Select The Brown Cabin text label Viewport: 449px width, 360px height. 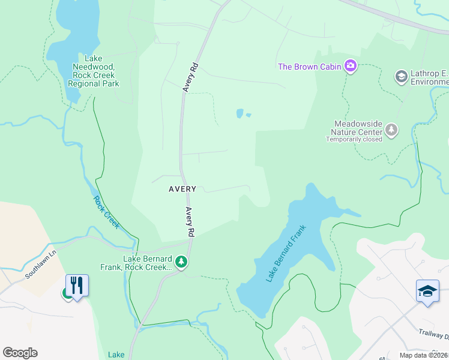pos(309,66)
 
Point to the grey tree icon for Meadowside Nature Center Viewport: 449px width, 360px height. pos(391,130)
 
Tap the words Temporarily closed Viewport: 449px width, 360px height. pos(354,139)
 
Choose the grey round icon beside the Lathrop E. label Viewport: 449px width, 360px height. pos(401,77)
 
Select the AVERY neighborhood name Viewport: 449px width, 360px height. pos(182,188)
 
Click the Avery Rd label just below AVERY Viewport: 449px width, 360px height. pos(190,221)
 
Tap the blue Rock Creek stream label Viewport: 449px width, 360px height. pos(106,212)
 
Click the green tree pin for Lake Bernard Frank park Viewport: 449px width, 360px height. pos(181,262)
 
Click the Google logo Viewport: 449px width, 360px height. pos(20,353)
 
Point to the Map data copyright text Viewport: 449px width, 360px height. pos(424,355)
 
